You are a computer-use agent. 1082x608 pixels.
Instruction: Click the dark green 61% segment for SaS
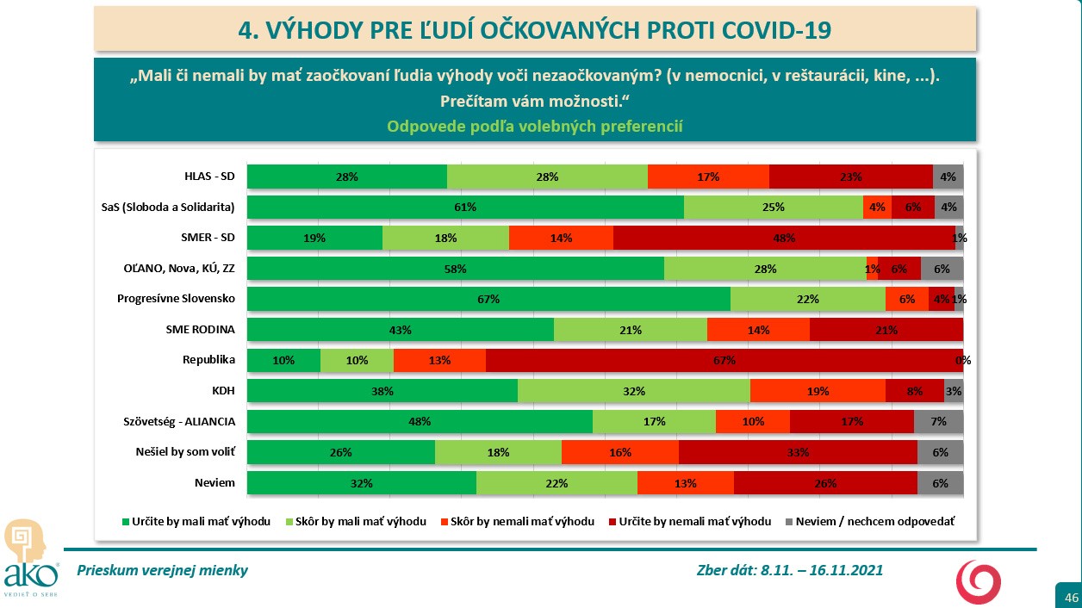[x=465, y=208]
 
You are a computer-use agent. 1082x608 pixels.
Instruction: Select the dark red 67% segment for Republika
[x=724, y=360]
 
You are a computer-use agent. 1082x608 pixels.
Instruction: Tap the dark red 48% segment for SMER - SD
[x=784, y=238]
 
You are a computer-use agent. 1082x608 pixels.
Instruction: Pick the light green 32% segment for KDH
[x=634, y=391]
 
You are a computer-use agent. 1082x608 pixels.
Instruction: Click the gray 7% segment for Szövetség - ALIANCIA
[x=938, y=421]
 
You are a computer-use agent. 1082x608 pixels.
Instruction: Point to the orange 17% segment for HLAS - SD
[x=708, y=177]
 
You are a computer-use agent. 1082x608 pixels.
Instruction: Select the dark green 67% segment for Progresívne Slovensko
[x=488, y=299]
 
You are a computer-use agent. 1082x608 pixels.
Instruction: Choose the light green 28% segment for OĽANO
[x=765, y=269]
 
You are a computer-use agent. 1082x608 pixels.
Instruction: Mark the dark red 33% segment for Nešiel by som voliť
[x=798, y=452]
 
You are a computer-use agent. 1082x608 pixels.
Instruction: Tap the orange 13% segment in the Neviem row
[x=686, y=483]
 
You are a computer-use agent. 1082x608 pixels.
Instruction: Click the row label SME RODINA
[x=201, y=329]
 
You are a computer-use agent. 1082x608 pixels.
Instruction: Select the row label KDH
[x=223, y=391]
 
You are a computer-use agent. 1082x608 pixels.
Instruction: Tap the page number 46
[x=1072, y=597]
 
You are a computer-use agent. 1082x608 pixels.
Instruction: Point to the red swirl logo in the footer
[x=979, y=581]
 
